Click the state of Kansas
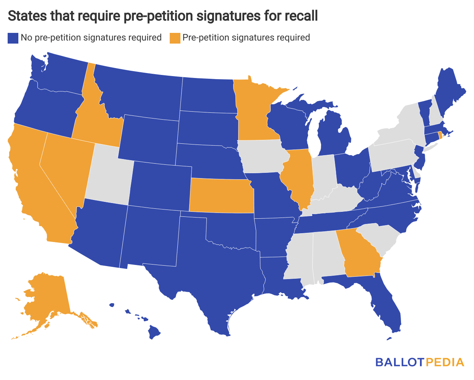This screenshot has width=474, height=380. (x=221, y=195)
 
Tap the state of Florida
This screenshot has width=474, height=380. (x=386, y=306)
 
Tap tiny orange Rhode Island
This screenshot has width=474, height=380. (x=440, y=135)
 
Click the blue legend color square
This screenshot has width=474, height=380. (x=13, y=38)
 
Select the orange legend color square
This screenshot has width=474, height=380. (x=175, y=38)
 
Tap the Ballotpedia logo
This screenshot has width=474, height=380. (x=419, y=362)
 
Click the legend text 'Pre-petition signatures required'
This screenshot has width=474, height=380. (x=246, y=38)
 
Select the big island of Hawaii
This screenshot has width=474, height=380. (x=154, y=332)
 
